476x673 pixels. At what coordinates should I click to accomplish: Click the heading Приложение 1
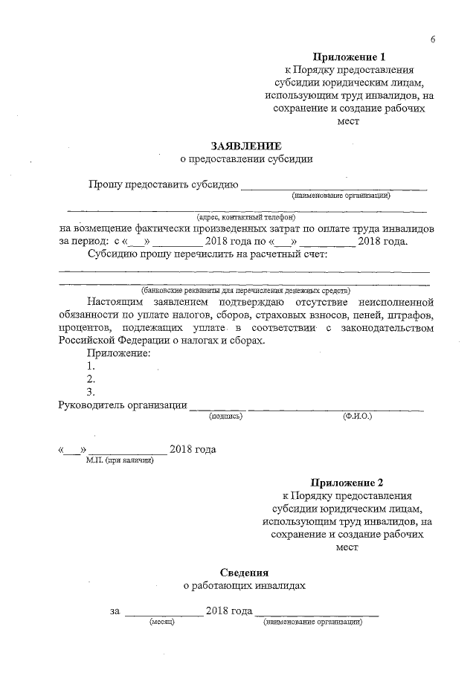point(348,57)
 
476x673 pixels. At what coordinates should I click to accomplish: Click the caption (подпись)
point(225,417)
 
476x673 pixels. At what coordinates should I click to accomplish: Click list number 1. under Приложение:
point(91,366)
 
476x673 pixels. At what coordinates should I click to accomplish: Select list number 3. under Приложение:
point(91,392)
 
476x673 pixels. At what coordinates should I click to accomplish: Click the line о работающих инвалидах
point(245,586)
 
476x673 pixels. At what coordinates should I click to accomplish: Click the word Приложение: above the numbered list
point(119,352)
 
